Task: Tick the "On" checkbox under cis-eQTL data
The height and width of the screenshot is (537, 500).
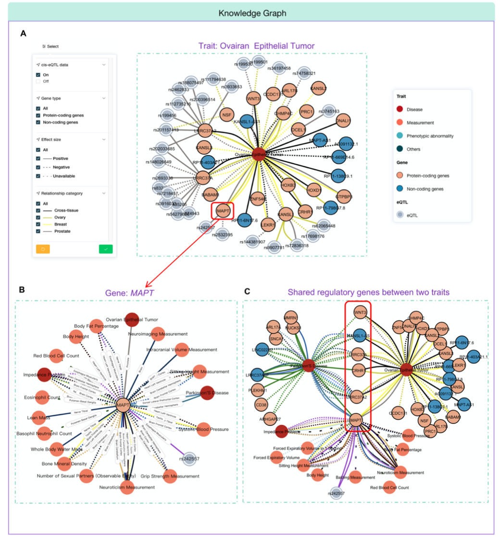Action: coord(38,75)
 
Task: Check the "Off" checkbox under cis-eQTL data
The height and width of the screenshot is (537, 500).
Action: coord(38,81)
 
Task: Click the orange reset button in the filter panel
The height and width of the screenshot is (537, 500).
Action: coord(43,249)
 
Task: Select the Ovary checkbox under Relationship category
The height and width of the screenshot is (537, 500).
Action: coord(38,217)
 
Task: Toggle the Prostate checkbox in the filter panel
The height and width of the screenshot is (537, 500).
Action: coord(38,231)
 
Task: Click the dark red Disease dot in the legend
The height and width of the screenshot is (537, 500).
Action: coord(399,109)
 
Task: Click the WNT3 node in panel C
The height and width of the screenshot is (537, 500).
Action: coord(358,312)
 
